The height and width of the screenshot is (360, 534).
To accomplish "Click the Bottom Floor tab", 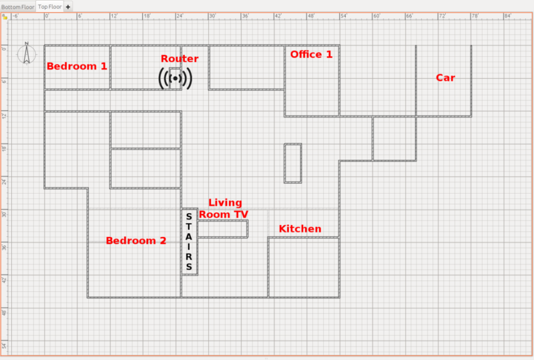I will pos(17,7).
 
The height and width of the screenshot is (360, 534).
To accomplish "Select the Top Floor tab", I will pos(50,7).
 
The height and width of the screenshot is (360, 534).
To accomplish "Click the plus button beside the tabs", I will pos(68,7).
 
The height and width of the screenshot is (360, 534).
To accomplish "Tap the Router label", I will pos(180,59).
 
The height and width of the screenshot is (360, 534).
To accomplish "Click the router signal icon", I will pos(175,79).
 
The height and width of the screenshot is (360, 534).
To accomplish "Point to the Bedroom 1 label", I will pos(77,66).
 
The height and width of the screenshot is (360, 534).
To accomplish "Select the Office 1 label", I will pos(311,54).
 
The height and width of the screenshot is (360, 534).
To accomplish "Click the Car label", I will pos(445,77).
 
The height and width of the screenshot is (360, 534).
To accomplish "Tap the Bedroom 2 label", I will pos(136,240).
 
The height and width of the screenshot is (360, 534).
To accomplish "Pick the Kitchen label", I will pos(300,229).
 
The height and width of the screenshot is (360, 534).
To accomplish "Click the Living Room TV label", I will pos(224,208).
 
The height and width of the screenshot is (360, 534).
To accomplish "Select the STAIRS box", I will pos(189,241).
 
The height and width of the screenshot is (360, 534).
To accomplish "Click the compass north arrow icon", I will pos(27,53).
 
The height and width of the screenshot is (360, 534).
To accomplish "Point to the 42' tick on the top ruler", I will pos(278,17).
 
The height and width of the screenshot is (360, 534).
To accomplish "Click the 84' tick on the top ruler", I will pos(508,17).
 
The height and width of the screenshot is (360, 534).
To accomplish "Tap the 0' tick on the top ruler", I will pos(45,17).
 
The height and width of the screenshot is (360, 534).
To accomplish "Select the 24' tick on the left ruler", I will pos(5,180).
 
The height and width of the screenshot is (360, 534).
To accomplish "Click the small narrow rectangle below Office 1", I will pos(293,163).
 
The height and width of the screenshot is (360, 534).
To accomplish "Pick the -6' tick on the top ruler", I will pos(15,17).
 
